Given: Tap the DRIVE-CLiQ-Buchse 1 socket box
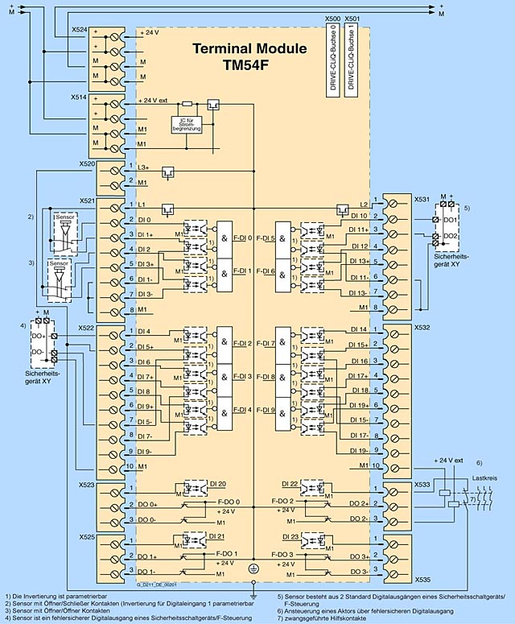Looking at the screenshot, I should click(x=350, y=60).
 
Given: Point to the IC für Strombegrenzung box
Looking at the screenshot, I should click(x=183, y=124).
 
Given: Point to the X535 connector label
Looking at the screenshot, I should click(x=422, y=579).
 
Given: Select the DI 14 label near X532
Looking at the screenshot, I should click(x=358, y=329).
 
